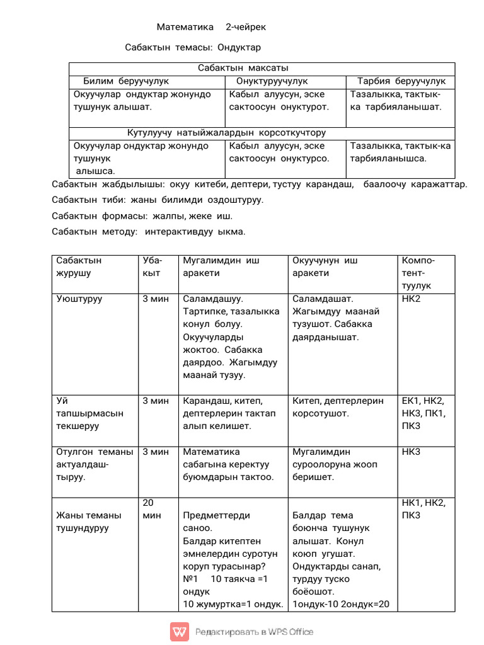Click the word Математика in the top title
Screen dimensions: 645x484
(181, 27)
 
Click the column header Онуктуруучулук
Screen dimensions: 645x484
(272, 81)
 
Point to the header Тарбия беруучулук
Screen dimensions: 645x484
(401, 81)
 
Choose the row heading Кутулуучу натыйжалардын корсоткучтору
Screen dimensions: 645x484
(227, 133)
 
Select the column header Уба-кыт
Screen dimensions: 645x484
(153, 266)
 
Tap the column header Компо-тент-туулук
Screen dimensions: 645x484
(418, 273)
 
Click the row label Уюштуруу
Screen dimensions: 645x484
(79, 299)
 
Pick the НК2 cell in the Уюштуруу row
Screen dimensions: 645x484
(411, 299)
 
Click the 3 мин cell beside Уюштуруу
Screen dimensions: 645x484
(156, 299)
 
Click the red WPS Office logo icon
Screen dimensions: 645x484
(179, 632)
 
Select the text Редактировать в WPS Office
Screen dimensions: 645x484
(254, 632)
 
